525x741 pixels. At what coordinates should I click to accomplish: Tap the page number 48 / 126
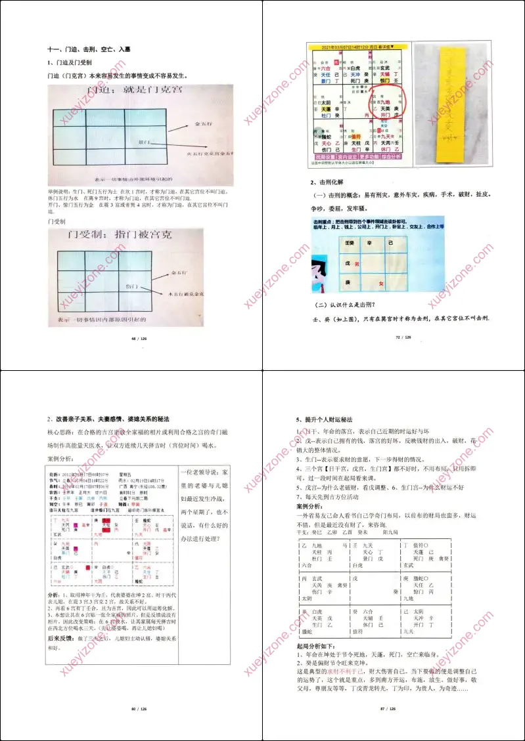(131, 338)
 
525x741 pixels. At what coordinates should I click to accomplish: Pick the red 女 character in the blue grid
(380, 284)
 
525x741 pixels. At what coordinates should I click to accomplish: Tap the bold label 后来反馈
(63, 637)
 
